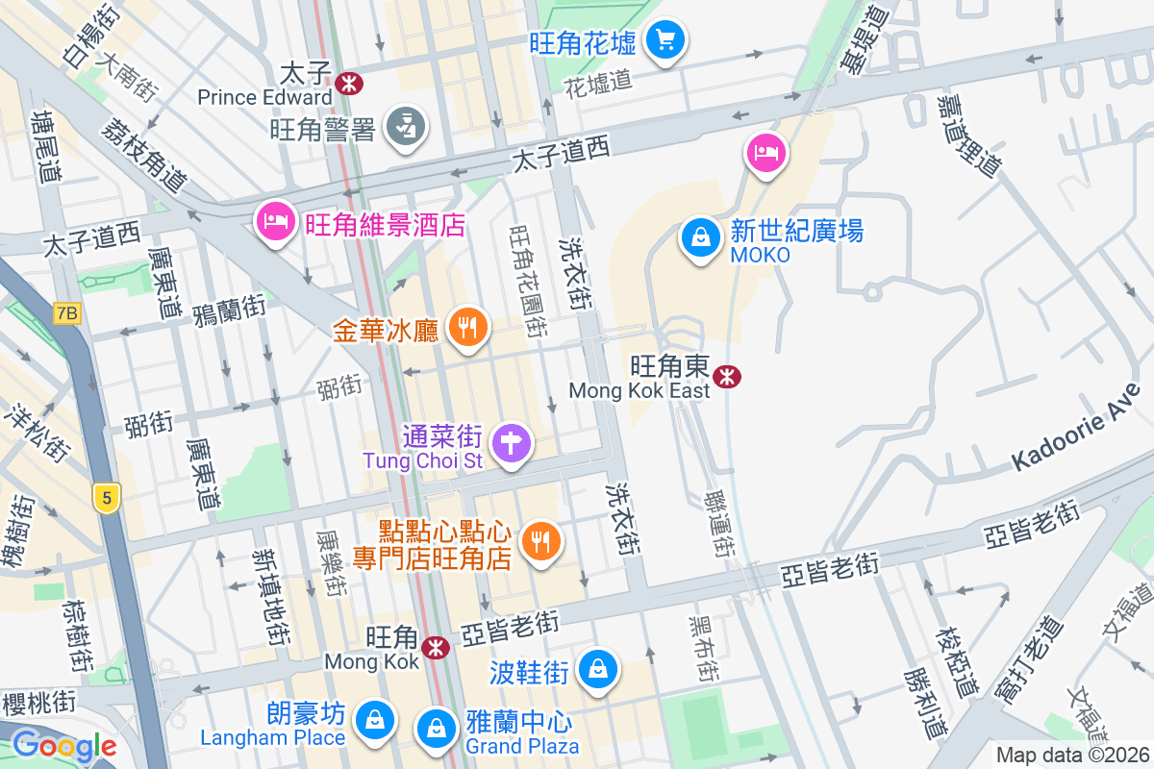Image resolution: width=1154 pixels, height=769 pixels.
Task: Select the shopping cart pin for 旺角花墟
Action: pos(665,41)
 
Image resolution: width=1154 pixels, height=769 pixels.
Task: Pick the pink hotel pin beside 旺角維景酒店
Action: pos(274,222)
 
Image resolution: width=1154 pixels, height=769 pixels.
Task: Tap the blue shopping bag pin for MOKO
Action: pos(701,237)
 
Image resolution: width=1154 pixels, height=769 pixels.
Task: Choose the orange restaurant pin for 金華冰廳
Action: pos(467,329)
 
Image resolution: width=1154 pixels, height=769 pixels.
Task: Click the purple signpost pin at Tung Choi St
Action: pos(511,444)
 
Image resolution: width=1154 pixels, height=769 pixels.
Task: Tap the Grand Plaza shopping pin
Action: pos(438,727)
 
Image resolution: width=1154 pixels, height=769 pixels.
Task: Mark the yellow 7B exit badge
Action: pos(66,313)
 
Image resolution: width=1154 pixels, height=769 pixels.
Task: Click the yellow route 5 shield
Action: pos(107,497)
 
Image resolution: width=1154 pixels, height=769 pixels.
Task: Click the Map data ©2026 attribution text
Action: pos(1071,756)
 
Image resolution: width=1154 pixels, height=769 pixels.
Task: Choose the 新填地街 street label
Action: pos(271,595)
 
